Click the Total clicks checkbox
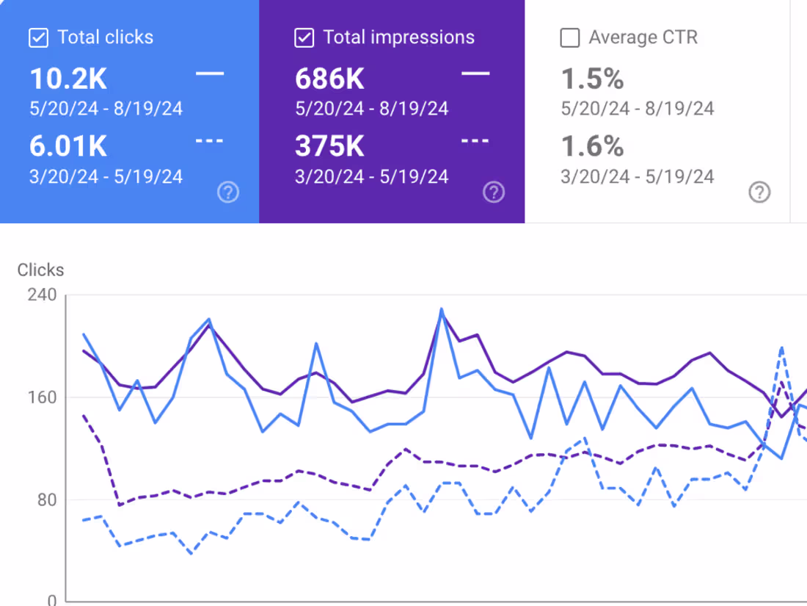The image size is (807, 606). [38, 37]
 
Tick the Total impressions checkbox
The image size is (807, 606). [304, 37]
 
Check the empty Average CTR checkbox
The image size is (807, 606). [569, 37]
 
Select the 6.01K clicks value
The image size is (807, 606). [68, 146]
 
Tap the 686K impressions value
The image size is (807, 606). [329, 79]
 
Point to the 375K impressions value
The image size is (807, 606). [329, 146]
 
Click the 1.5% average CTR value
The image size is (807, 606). [593, 79]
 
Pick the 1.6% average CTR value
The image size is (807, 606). [593, 146]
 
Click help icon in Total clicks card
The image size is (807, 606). [228, 192]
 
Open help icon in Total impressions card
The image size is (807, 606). [494, 192]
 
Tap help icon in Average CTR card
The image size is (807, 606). [759, 192]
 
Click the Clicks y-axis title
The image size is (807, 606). [40, 270]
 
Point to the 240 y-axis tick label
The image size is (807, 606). [42, 295]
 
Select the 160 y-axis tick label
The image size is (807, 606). [42, 397]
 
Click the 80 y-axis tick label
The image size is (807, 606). [46, 500]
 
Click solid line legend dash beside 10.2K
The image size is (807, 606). [210, 73]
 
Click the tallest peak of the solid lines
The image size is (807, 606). [442, 309]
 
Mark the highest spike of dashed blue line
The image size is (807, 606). [782, 347]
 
